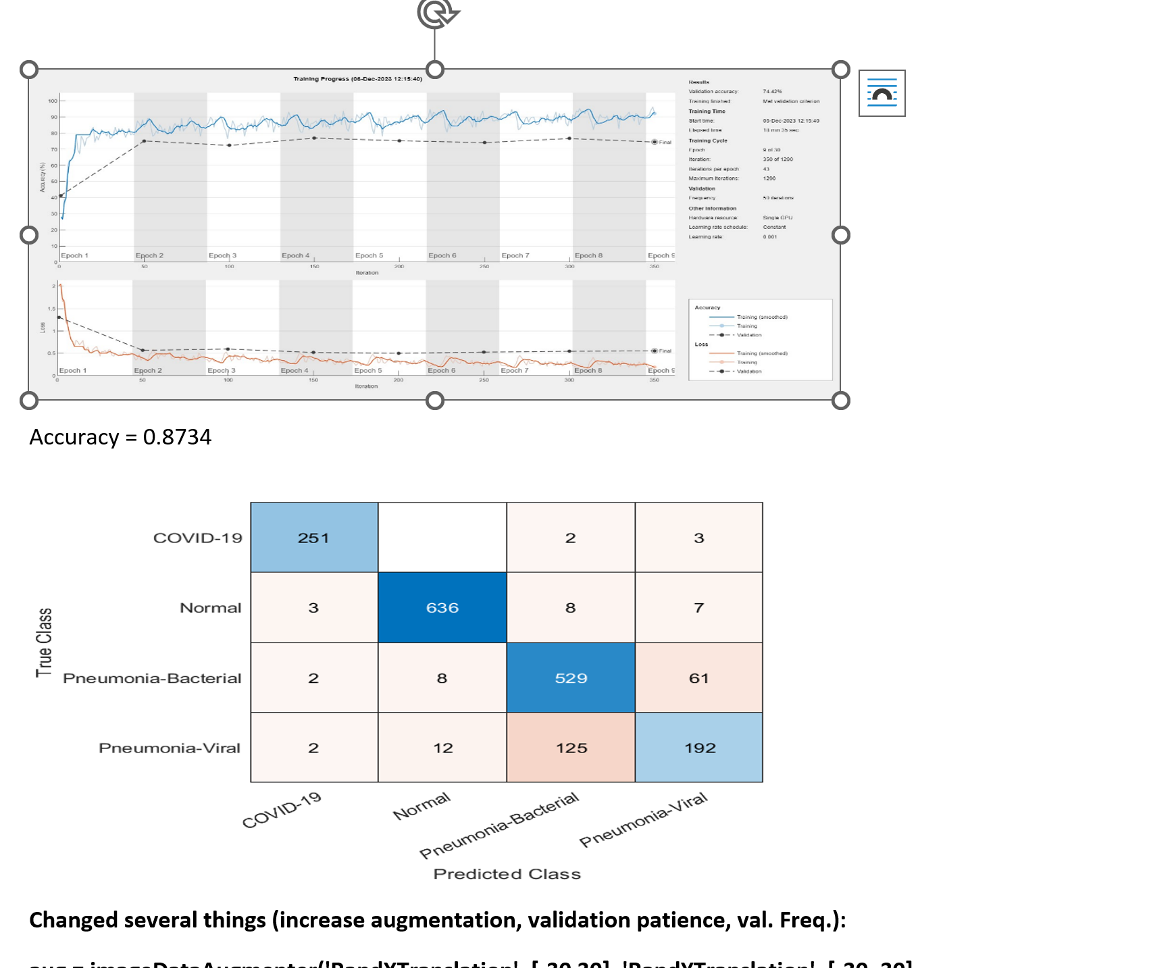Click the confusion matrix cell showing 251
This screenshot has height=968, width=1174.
[x=314, y=538]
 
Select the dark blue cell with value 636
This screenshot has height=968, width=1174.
[x=442, y=607]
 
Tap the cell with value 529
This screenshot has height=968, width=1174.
[x=571, y=678]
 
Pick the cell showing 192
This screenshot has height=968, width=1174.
[x=699, y=748]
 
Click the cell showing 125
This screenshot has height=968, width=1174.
[x=571, y=748]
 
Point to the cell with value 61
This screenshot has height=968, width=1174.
[x=699, y=678]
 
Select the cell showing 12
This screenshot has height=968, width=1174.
[x=442, y=748]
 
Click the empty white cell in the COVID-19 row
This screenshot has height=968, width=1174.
[x=442, y=538]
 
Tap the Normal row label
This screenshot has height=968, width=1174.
[x=210, y=608]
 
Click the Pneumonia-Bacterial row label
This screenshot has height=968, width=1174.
[x=152, y=678]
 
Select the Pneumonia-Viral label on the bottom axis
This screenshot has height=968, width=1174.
[x=644, y=819]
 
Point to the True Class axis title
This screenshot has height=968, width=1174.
[x=45, y=642]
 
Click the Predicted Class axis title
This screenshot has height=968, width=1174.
[x=507, y=874]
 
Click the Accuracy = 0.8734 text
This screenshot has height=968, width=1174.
[x=120, y=437]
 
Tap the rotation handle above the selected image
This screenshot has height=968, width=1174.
[x=436, y=14]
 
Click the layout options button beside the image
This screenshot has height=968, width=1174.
[x=882, y=93]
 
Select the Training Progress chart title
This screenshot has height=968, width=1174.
[x=357, y=79]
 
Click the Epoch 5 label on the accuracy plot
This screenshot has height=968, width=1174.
[x=369, y=255]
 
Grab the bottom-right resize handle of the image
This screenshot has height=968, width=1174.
[x=840, y=401]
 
